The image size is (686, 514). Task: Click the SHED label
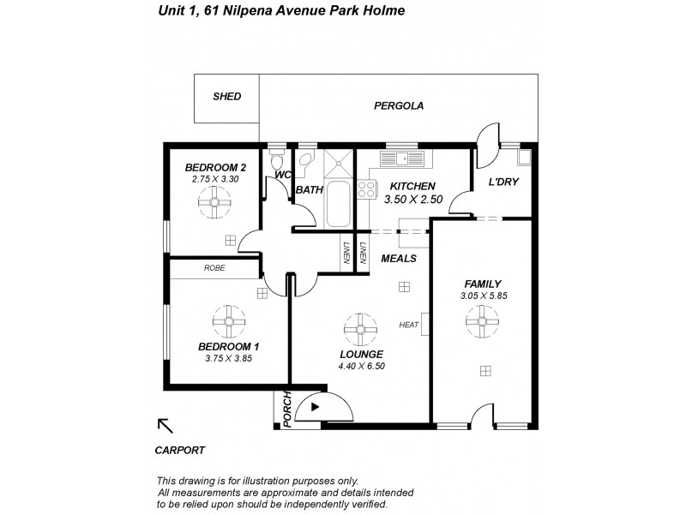point(226,97)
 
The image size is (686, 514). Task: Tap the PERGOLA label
point(399,106)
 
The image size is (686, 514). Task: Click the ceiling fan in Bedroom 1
point(229,322)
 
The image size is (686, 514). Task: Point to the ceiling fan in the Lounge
point(359,328)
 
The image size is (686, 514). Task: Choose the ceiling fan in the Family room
point(482,322)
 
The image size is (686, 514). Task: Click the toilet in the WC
point(276,162)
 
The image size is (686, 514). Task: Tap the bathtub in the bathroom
point(337,204)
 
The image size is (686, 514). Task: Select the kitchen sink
point(402,158)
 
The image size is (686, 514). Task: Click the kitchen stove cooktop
point(367,189)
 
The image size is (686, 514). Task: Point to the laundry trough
point(524,158)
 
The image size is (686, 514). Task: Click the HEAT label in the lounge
point(409,325)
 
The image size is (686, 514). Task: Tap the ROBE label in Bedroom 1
point(214,268)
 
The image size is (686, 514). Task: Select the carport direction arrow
point(165,426)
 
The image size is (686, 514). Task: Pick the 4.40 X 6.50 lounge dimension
point(360,366)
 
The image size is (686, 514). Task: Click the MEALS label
point(399,258)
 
